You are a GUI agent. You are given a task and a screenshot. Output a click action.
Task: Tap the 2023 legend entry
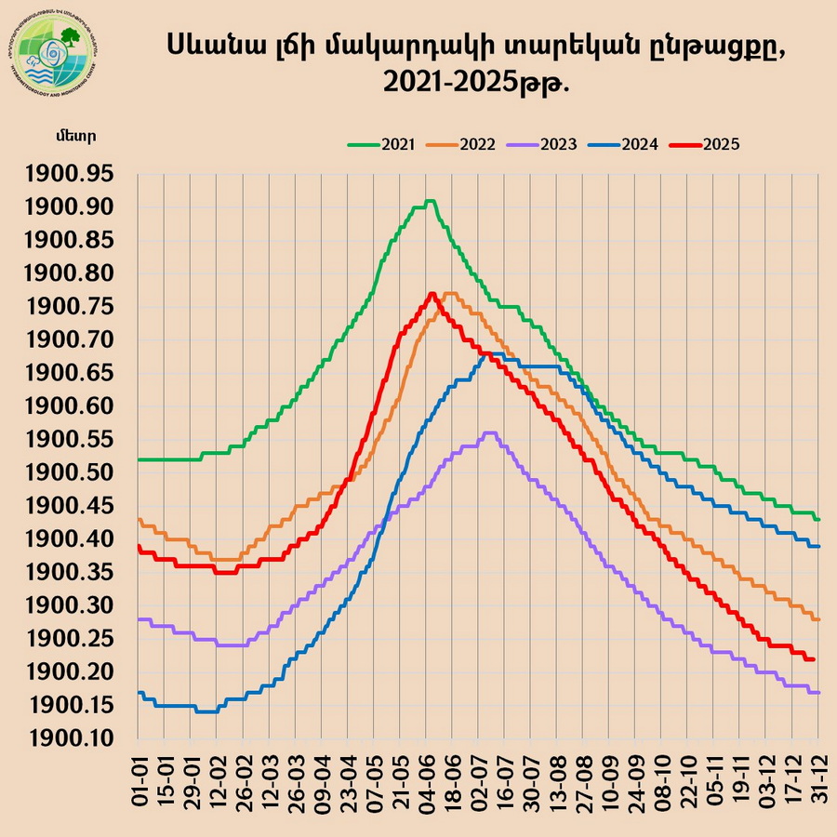click(555, 144)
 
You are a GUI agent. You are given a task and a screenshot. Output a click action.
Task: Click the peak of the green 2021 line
click(429, 201)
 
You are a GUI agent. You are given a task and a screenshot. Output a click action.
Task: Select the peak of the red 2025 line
click(432, 294)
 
